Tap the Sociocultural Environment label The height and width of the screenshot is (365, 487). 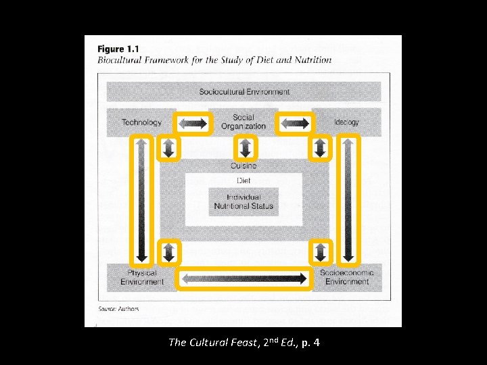(244, 92)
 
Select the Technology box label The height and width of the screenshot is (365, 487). (141, 122)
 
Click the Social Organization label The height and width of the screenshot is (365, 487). (243, 122)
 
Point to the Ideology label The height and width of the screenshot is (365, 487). (346, 122)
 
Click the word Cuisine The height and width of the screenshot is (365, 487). (243, 166)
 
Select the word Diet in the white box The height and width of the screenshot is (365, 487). (243, 180)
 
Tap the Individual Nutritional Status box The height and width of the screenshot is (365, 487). (243, 201)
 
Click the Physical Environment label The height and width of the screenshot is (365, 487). (142, 277)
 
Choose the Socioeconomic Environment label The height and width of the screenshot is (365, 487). (346, 277)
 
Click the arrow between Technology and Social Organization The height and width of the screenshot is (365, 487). (193, 123)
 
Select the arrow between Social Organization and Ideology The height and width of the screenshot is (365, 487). (295, 123)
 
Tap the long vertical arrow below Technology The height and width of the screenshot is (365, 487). (141, 200)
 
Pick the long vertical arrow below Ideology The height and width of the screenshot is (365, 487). (348, 200)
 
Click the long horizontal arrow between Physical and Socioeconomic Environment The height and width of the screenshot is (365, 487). (244, 278)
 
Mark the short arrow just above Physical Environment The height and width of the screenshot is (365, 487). (169, 253)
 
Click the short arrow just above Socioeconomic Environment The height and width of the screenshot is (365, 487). (321, 253)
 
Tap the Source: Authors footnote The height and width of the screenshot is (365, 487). (118, 309)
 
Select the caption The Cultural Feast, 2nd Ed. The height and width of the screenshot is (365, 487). (243, 343)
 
